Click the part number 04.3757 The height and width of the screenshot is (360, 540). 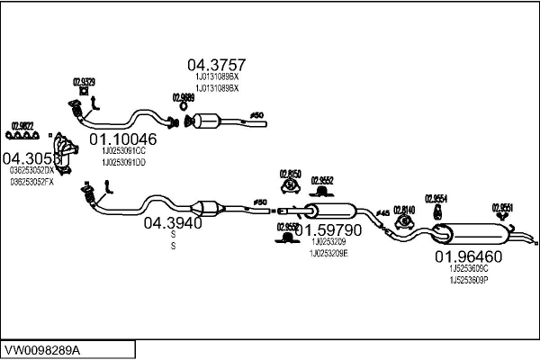[216, 65]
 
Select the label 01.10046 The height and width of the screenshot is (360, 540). [123, 139]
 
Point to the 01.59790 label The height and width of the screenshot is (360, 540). [331, 229]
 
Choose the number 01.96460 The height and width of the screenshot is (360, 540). [469, 257]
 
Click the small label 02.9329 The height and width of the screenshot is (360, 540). [84, 82]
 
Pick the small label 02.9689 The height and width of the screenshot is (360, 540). [183, 97]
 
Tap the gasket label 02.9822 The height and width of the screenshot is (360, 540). [22, 125]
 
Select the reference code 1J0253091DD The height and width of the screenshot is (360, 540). [123, 162]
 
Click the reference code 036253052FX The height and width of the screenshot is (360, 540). [32, 181]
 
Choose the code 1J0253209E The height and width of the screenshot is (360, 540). [329, 252]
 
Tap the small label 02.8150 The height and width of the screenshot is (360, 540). [290, 172]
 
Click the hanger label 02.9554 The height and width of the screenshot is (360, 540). [436, 198]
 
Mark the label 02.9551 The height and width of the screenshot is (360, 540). [502, 207]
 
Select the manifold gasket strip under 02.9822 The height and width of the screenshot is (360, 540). [22, 137]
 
